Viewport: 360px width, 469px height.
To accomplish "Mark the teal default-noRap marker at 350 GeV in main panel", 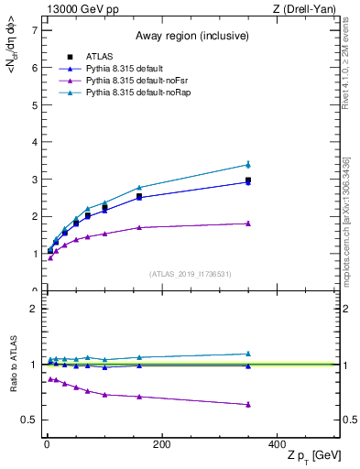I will coord(247,165).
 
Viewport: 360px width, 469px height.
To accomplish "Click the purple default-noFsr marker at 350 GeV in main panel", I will coord(247,224).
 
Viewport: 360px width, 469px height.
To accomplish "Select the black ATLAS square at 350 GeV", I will coord(247,180).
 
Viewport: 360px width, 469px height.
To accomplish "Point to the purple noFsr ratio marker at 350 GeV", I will coord(247,404).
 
